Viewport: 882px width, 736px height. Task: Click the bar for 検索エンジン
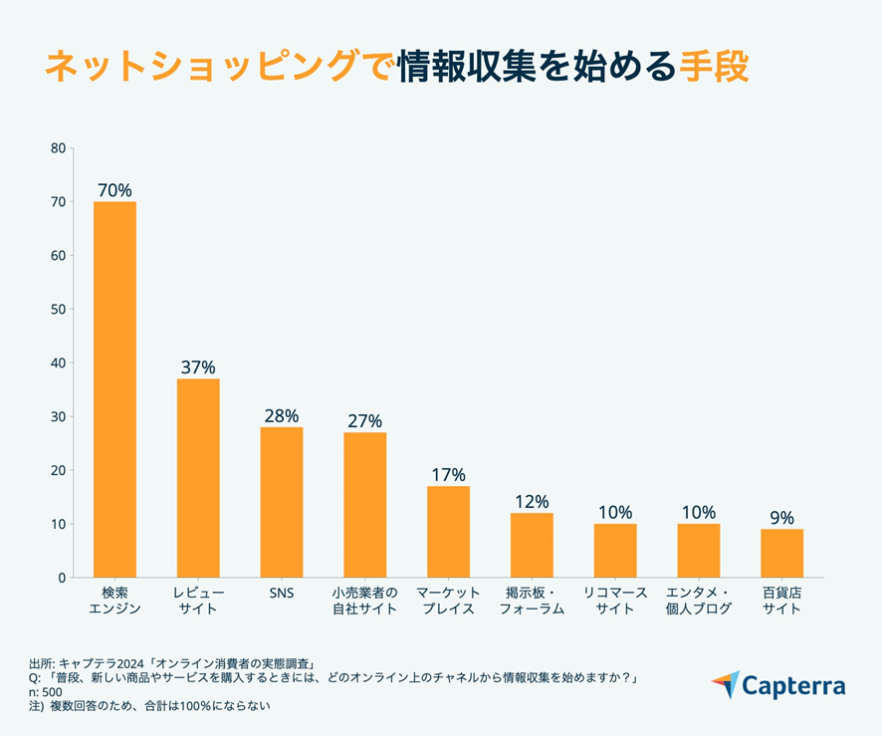point(114,389)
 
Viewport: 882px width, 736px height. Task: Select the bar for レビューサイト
point(198,478)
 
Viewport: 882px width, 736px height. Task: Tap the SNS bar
point(282,502)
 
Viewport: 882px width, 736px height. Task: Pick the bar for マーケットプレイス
point(448,532)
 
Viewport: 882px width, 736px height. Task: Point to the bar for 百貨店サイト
point(781,553)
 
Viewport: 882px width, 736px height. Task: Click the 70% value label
point(114,190)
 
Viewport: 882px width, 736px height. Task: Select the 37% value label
point(198,368)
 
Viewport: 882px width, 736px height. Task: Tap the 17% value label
point(448,475)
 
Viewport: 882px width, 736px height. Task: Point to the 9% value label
point(781,518)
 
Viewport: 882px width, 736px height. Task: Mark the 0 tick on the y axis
point(61,578)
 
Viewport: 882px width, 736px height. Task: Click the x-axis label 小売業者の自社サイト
point(364,601)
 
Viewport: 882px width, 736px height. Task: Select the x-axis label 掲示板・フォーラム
point(532,601)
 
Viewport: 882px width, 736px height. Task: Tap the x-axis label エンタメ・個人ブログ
point(698,601)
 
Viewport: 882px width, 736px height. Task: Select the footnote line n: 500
point(46,692)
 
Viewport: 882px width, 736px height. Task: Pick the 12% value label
point(532,502)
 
